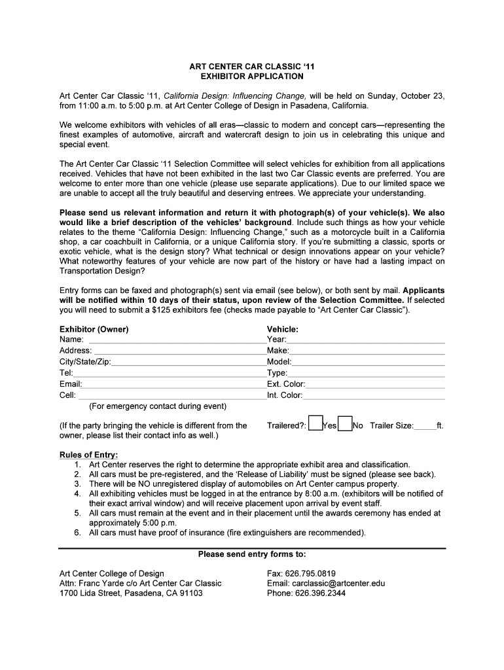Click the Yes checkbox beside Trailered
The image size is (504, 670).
click(315, 424)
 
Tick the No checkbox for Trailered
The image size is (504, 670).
click(345, 424)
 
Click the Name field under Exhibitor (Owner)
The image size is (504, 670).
click(177, 340)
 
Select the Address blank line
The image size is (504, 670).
click(180, 351)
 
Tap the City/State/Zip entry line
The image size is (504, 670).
click(189, 362)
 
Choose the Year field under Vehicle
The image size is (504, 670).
click(366, 340)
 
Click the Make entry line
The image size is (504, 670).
click(367, 351)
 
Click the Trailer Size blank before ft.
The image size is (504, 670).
click(425, 427)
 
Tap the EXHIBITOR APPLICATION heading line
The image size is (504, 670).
click(252, 77)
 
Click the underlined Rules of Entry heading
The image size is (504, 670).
click(88, 455)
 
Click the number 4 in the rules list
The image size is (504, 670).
click(77, 494)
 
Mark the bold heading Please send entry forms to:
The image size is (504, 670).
click(252, 554)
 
